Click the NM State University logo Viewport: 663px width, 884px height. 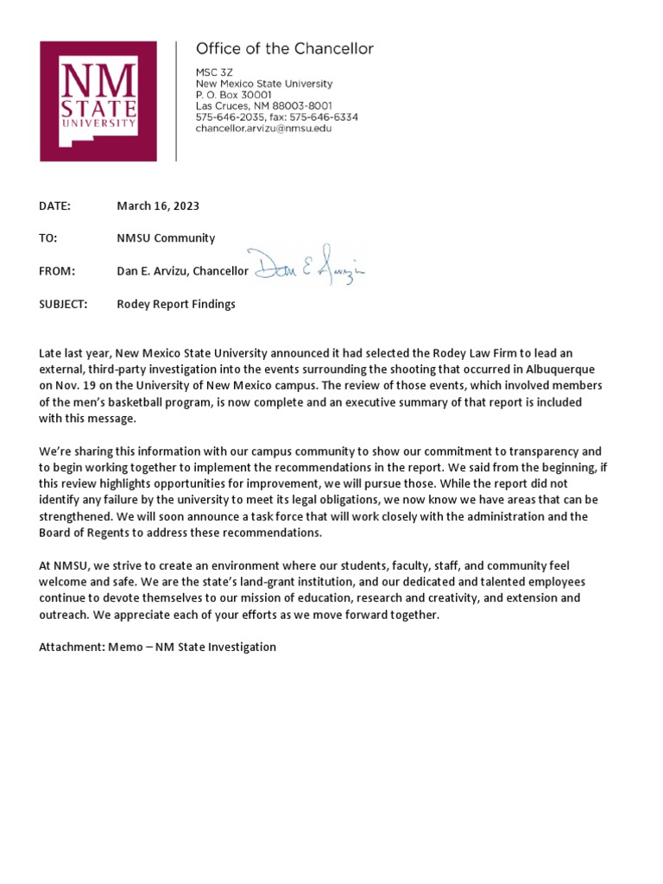pyautogui.click(x=98, y=101)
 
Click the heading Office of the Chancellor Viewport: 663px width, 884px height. pyautogui.click(x=285, y=49)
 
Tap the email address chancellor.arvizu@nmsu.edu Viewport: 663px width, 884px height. pyautogui.click(x=263, y=128)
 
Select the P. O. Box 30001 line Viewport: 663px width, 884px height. pyautogui.click(x=234, y=95)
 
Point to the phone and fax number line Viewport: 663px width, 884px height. pyautogui.click(x=277, y=117)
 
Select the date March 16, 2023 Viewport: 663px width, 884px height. pyautogui.click(x=158, y=205)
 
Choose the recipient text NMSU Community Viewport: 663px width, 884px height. pyautogui.click(x=166, y=238)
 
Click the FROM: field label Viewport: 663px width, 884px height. pyautogui.click(x=57, y=271)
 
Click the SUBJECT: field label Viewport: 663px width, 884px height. pyautogui.click(x=63, y=304)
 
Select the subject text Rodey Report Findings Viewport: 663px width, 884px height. pyautogui.click(x=176, y=304)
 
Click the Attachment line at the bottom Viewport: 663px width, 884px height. pyautogui.click(x=157, y=647)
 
